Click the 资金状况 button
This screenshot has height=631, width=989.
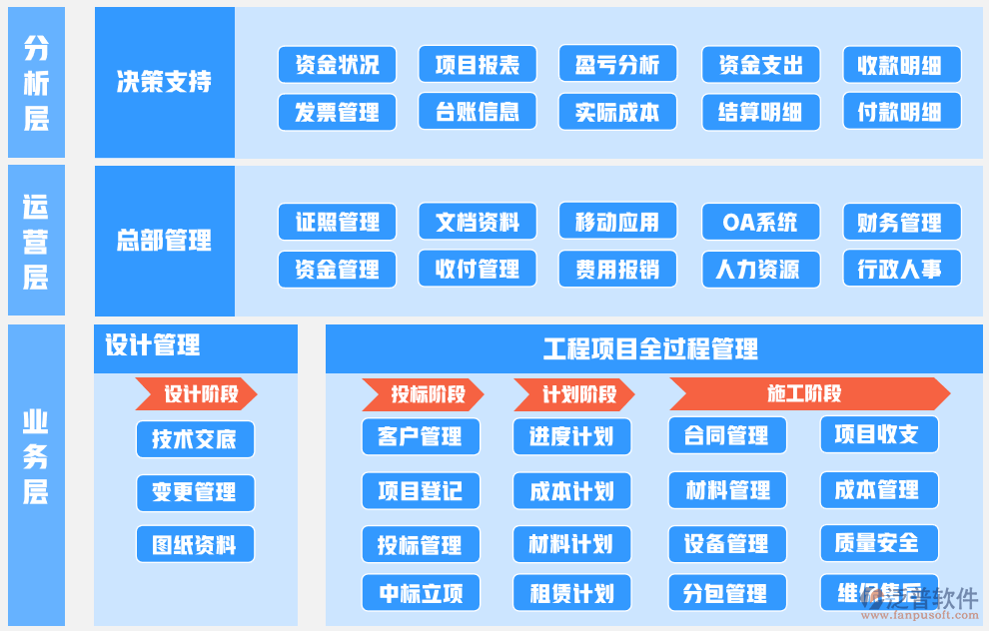point(337,65)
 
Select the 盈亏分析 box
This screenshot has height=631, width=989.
point(617,65)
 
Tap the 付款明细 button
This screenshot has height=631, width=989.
point(901,112)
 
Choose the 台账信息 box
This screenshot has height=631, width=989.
point(477,112)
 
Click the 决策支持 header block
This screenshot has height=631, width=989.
point(165,82)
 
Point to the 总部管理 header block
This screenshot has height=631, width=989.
point(165,241)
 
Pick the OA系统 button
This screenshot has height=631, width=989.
point(760,222)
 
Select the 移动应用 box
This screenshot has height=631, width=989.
point(617,222)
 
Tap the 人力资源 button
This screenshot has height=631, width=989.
point(760,269)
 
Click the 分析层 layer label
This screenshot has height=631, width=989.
point(36,82)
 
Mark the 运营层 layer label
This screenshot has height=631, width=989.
point(36,241)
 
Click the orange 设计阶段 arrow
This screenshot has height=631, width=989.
point(197,394)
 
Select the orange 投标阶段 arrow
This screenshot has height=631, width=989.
point(423,394)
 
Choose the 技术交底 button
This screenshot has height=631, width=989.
point(195,439)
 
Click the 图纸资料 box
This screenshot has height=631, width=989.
point(195,545)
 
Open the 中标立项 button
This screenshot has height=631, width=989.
point(421,593)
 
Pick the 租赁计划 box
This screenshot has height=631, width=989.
point(572,593)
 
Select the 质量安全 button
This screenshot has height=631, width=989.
point(879,543)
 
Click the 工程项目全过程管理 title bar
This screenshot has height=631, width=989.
point(653,348)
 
